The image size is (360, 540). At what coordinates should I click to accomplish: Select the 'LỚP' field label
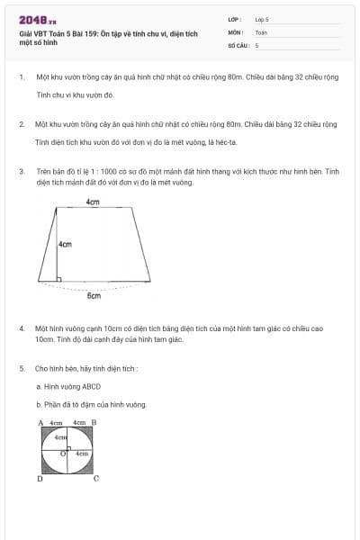(234, 19)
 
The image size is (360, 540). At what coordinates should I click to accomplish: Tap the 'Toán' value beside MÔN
(261, 31)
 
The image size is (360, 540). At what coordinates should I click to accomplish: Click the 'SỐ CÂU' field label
(238, 44)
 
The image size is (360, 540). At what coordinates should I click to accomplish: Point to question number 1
(21, 77)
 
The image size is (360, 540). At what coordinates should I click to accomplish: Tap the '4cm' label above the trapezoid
(93, 202)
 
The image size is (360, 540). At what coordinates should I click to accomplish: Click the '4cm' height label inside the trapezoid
(65, 244)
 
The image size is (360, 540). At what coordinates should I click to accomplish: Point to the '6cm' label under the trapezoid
(94, 295)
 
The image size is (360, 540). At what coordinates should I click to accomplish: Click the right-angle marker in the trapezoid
(59, 280)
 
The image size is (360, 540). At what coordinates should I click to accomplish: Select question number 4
(21, 329)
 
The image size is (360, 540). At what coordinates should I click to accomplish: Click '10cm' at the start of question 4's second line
(44, 339)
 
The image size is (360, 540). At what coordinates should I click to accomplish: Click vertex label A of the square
(40, 422)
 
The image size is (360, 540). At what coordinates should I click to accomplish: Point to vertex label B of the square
(94, 422)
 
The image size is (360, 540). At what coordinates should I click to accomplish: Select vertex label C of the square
(96, 479)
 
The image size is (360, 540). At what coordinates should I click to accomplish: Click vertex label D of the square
(40, 479)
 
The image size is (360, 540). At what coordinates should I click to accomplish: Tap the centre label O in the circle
(62, 454)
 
